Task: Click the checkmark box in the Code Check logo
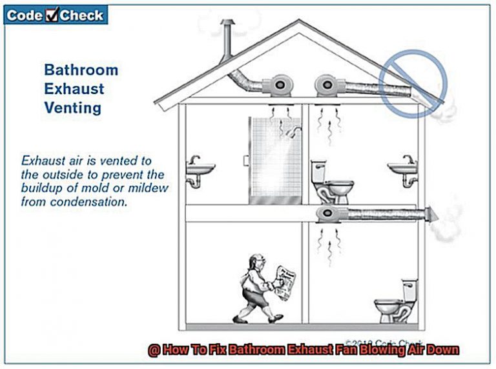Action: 52,15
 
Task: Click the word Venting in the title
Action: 72,108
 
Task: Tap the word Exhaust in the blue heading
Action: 74,88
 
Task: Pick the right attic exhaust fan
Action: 325,85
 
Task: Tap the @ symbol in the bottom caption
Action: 152,350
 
